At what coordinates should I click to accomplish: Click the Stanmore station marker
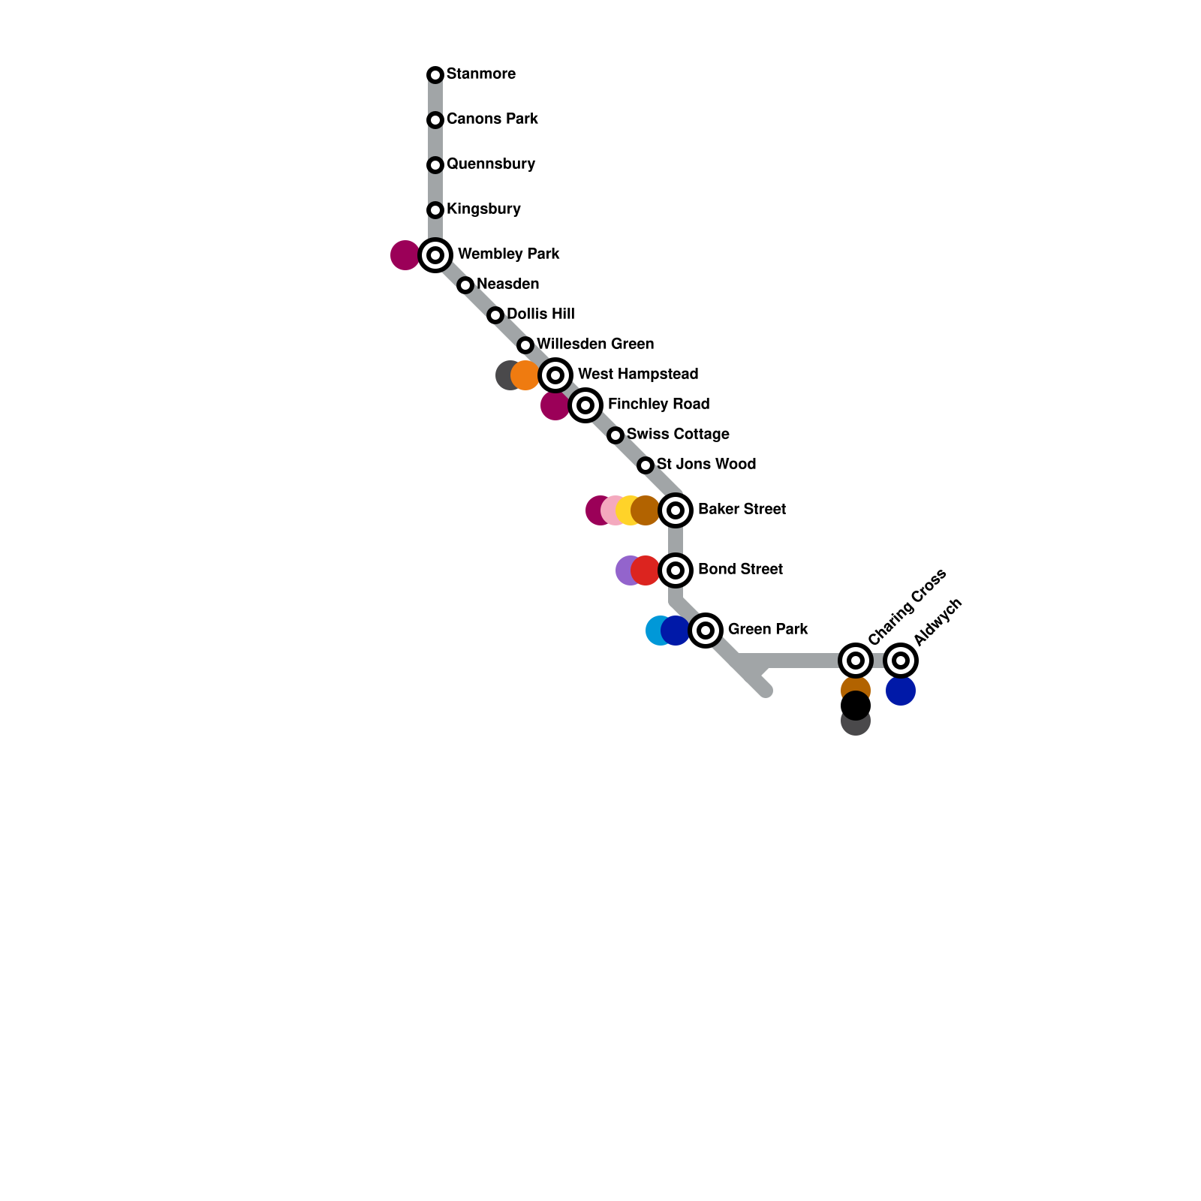coord(435,75)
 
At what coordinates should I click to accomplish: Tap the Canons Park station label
coord(492,119)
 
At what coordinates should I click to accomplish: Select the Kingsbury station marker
coord(435,210)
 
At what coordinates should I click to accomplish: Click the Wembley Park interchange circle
coord(435,255)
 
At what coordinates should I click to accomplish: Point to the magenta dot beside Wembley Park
coord(405,255)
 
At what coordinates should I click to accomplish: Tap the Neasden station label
coord(507,284)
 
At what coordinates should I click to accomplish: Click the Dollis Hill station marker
coord(495,315)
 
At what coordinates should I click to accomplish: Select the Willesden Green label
coord(595,345)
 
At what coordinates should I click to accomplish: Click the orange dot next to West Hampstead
coord(525,375)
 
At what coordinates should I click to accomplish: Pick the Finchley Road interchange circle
coord(585,405)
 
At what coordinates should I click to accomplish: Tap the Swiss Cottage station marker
coord(616,435)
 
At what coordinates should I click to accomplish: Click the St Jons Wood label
coord(706,465)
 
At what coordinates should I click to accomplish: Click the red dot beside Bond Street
coord(646,570)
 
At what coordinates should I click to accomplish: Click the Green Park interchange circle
coord(706,631)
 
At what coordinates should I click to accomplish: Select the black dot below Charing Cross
coord(856,706)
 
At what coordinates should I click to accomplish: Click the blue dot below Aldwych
coord(901,691)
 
